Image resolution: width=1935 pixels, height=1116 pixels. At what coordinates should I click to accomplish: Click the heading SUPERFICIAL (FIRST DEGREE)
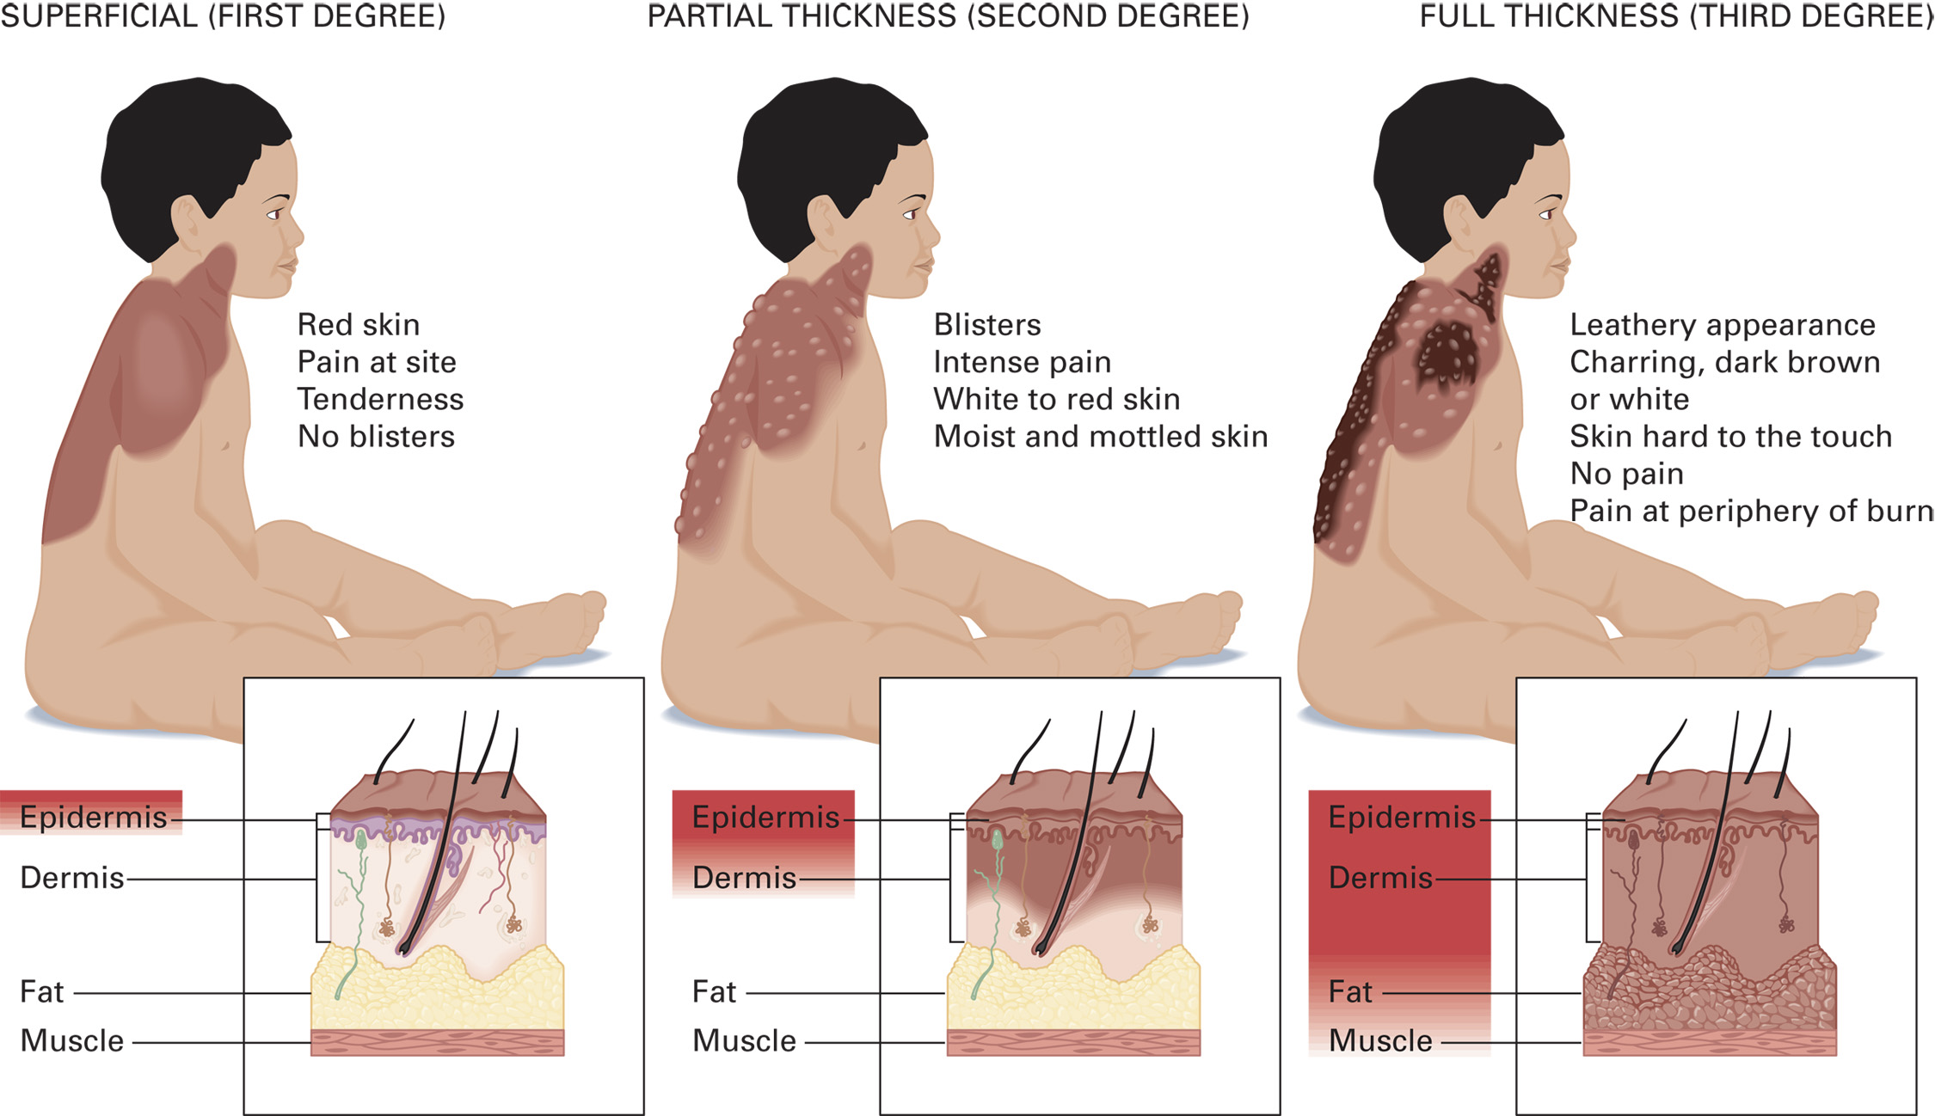[x=223, y=16]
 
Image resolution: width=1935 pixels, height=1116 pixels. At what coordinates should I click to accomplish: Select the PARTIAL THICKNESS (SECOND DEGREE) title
[x=948, y=16]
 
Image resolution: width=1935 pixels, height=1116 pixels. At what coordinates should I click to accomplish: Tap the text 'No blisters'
[x=376, y=437]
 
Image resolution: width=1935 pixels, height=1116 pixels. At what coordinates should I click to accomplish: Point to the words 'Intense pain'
[x=1022, y=362]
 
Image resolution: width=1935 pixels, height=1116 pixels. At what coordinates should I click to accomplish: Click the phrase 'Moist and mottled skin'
[x=1100, y=437]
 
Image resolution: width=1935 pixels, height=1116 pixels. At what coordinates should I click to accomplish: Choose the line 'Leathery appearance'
[x=1722, y=325]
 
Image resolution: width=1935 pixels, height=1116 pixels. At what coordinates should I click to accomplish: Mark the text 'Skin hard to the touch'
[x=1730, y=437]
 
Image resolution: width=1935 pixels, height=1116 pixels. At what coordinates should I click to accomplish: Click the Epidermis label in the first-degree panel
[x=93, y=818]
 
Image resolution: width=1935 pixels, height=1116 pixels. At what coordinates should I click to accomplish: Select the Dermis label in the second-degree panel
[x=744, y=878]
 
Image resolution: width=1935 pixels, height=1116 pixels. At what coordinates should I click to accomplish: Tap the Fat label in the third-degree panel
[x=1350, y=992]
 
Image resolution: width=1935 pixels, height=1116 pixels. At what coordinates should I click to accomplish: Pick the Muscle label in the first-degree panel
[x=72, y=1041]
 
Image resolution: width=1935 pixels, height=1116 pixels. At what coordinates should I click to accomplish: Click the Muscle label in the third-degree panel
[x=1380, y=1041]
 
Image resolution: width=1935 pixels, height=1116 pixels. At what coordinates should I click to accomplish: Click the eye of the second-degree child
[x=910, y=214]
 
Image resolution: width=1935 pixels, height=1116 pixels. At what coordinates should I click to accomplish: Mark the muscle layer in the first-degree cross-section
[x=437, y=1043]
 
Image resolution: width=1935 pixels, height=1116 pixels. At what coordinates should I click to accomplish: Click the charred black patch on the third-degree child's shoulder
[x=1447, y=353]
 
